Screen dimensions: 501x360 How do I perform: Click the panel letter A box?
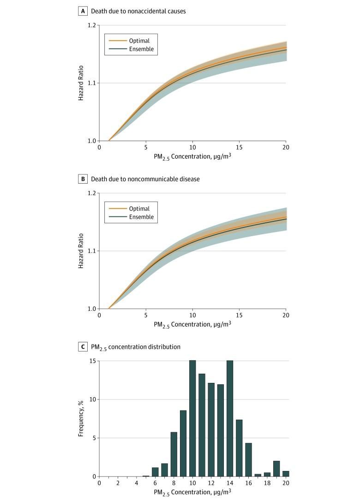tap(83, 11)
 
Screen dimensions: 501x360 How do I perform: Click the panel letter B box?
tap(83, 179)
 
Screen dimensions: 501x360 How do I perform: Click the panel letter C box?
tap(83, 347)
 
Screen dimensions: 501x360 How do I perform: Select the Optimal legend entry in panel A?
tap(139, 41)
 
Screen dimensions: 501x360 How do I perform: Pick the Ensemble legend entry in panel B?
tap(141, 217)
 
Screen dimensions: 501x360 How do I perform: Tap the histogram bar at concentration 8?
tap(174, 454)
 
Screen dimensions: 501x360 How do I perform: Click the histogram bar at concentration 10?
tap(192, 418)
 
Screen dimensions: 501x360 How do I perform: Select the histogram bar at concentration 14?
tap(230, 418)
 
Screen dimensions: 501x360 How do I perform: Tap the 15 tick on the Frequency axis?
tap(92, 361)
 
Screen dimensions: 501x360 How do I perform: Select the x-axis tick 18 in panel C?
tap(267, 483)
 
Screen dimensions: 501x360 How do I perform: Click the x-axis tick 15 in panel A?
tap(239, 147)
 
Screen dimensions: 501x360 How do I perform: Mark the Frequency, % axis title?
tap(81, 418)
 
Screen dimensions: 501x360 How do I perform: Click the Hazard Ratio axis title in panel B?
tap(81, 251)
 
